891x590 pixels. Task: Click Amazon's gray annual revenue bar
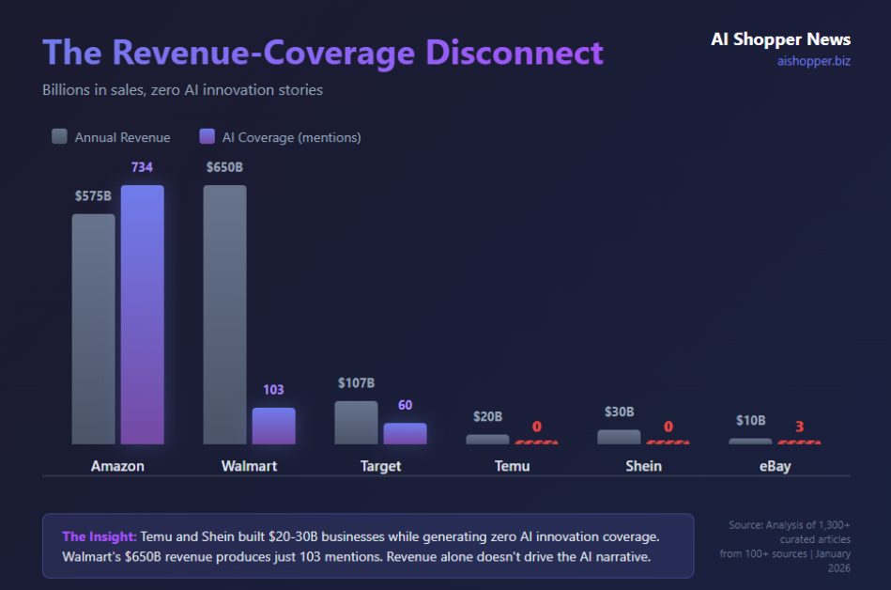[x=93, y=329]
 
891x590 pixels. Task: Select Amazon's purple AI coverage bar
[x=142, y=315]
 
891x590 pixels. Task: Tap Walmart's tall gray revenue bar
[x=224, y=315]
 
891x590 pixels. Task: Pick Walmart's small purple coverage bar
[x=273, y=426]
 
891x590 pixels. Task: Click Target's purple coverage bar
[x=405, y=433]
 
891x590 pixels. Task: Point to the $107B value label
[x=356, y=383]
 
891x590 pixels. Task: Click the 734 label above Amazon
[x=142, y=167]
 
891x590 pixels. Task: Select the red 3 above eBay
[x=799, y=427]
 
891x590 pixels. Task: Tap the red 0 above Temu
[x=536, y=427]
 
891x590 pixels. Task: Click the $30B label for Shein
[x=619, y=411]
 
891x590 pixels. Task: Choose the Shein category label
[x=643, y=466]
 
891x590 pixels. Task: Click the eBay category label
[x=775, y=466]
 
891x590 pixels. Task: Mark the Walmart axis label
[x=249, y=466]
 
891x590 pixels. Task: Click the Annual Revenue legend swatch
[x=59, y=136]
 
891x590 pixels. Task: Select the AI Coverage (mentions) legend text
[x=291, y=137]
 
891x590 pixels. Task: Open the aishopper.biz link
[x=813, y=61]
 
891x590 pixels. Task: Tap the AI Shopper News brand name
[x=780, y=39]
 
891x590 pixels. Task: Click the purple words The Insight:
[x=99, y=536]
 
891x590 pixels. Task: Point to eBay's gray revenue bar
[x=750, y=441]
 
